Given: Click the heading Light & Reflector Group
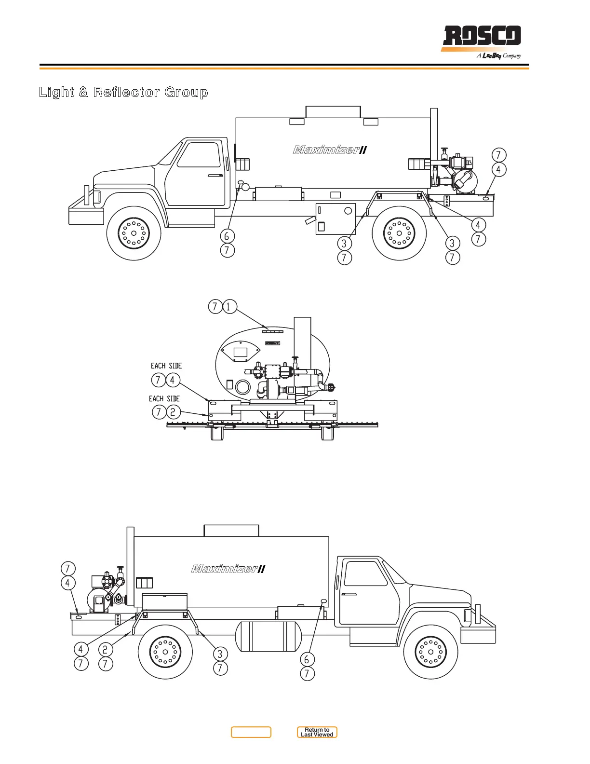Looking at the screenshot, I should click(123, 92).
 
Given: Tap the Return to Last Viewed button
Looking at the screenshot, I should click(317, 732).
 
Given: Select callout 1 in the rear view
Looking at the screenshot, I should click(230, 306).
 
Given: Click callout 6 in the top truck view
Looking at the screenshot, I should click(227, 236).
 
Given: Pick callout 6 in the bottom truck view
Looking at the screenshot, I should click(307, 659).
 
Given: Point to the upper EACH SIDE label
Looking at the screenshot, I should click(166, 366).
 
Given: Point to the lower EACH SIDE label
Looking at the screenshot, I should click(164, 399).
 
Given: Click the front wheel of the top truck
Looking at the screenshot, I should click(134, 233).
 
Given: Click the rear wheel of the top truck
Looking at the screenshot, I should click(399, 233).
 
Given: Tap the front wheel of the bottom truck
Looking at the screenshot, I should click(430, 652).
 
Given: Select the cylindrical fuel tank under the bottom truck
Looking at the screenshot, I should click(268, 636).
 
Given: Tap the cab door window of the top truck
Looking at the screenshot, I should click(199, 154).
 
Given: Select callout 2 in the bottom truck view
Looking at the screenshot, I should click(105, 649).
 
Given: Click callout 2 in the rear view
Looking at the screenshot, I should click(173, 412).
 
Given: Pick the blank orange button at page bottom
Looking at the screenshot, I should click(251, 732).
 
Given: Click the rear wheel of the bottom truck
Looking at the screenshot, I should click(165, 652).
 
